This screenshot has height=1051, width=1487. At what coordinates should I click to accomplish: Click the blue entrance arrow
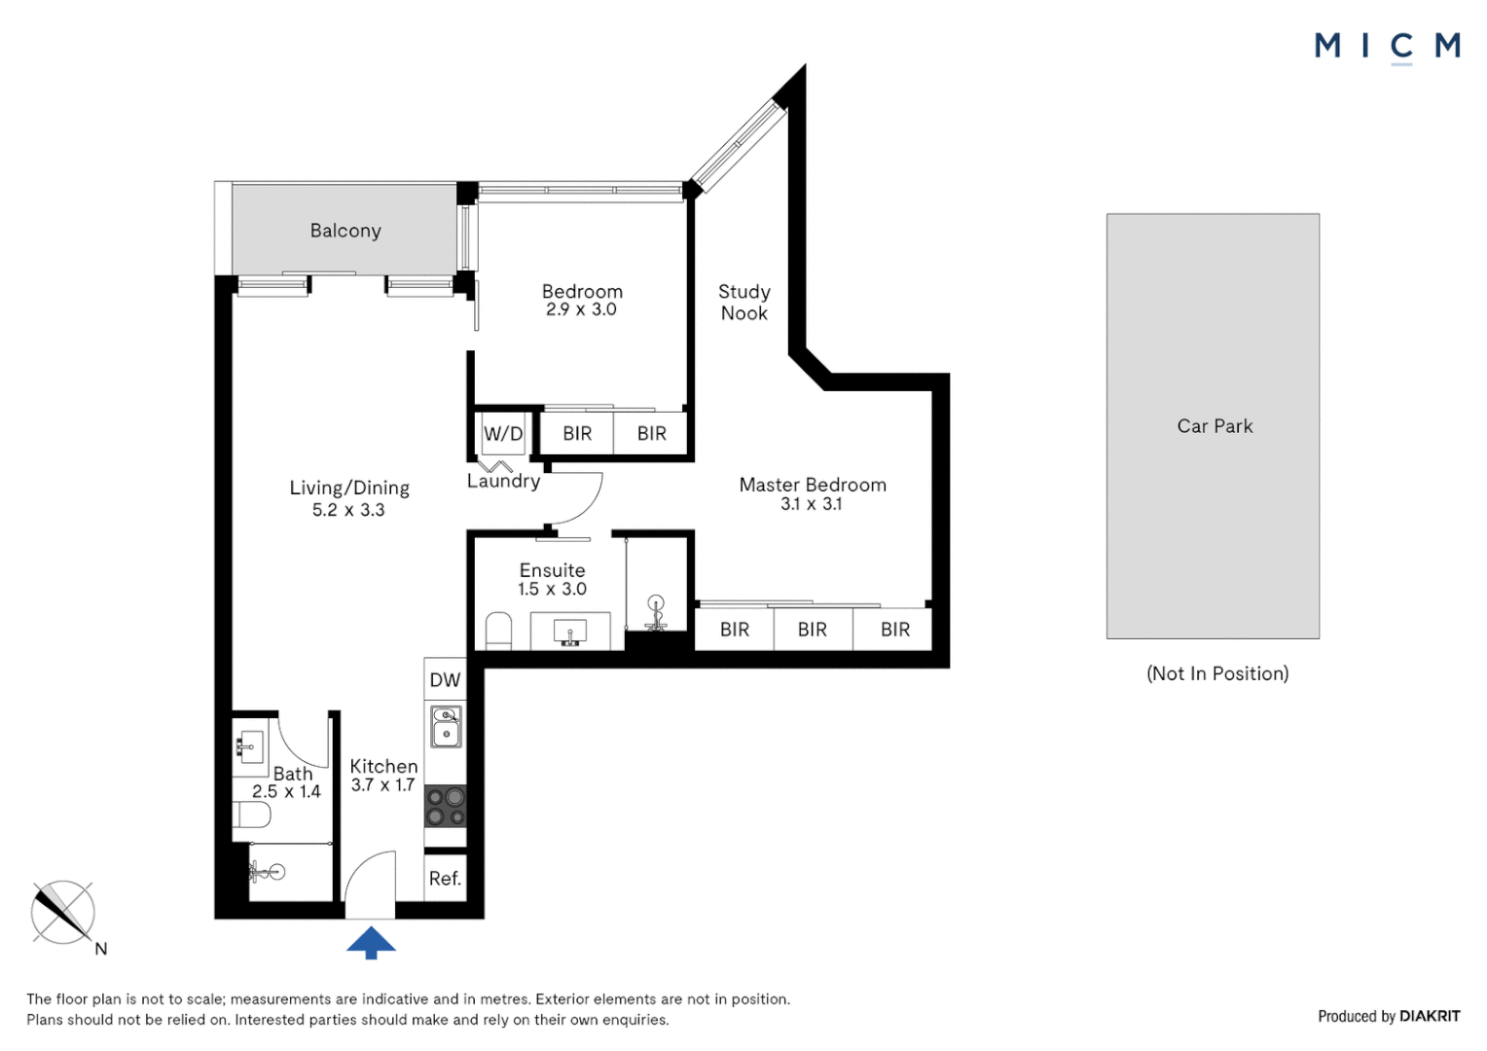pos(371,943)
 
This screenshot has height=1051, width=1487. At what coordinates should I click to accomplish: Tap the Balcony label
pos(345,231)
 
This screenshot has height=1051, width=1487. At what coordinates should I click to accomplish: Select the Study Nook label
pos(744,302)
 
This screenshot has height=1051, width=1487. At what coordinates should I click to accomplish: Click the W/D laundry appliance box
pos(503,434)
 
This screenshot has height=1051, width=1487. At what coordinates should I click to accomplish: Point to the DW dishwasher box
pos(445,679)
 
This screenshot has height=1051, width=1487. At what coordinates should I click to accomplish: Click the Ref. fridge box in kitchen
pos(445,879)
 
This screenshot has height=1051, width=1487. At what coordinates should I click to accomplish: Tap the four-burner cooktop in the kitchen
pos(446,806)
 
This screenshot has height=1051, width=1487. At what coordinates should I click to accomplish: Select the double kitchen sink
pos(446,726)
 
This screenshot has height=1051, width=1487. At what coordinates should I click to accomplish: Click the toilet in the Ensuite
pos(498,630)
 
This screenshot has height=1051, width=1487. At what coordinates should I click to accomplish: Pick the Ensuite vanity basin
pos(569,632)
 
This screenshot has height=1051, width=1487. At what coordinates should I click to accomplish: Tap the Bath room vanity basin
pos(249,748)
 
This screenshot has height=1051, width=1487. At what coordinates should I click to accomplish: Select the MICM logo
pos(1387,47)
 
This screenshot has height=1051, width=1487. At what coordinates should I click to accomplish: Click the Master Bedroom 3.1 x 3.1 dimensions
pos(812,504)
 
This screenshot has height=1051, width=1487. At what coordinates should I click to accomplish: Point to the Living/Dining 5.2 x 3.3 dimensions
pos(348,510)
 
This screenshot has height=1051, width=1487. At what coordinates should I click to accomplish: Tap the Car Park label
pos(1215,426)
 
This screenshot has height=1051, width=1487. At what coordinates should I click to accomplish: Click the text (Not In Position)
pos(1217,673)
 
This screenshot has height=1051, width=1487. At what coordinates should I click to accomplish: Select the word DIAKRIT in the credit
pos(1430,1017)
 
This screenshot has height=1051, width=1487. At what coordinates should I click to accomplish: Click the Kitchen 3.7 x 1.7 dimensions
pos(383,784)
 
